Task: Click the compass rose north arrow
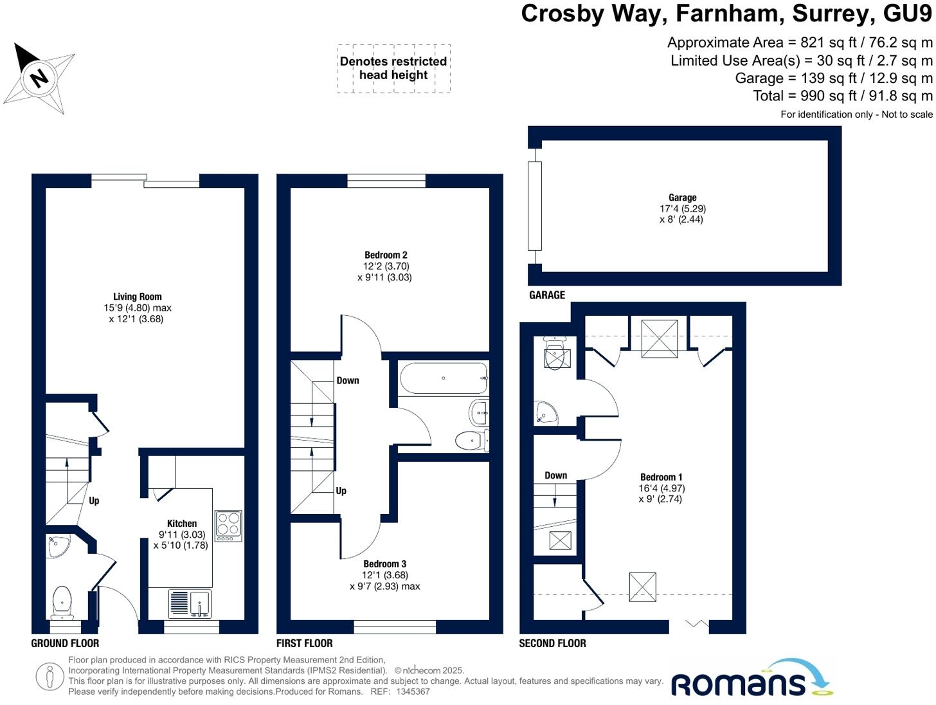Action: point(39,77)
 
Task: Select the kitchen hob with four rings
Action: point(228,526)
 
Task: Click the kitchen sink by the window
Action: point(190,604)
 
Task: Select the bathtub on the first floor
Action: point(444,378)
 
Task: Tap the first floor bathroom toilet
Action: point(471,441)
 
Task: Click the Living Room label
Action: point(138,297)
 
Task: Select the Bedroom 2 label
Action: point(386,255)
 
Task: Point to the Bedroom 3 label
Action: point(384,564)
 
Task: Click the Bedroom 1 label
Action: point(661,477)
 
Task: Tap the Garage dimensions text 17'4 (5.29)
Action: point(683,208)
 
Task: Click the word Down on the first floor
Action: point(348,380)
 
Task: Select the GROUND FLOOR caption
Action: point(65,643)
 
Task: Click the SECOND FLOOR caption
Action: point(552,643)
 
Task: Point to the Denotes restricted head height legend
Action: point(393,68)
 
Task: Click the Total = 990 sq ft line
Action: point(842,96)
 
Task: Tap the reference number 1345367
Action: point(413,691)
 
